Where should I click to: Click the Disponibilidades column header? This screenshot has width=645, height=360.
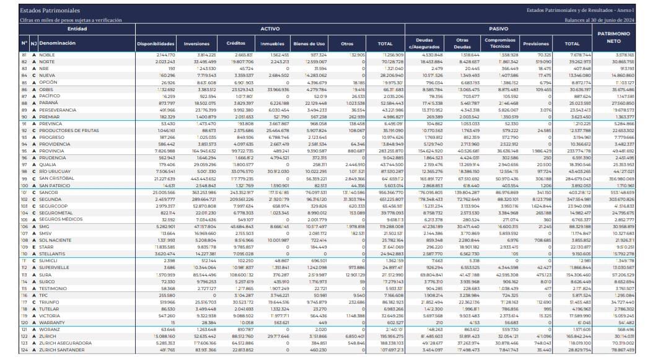coord(156,43)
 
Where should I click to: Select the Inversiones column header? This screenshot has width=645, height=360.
coord(197,43)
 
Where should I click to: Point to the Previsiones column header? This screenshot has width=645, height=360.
coord(536,43)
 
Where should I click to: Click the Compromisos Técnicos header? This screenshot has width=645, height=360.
coord(501,43)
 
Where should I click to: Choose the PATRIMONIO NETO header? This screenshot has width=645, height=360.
coord(613,38)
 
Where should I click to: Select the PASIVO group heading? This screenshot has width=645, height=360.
coord(498,29)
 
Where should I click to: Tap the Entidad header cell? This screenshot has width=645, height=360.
coord(77,29)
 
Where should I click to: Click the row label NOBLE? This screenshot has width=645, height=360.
coord(47,55)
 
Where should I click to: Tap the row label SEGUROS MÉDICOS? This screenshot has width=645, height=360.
coord(61,219)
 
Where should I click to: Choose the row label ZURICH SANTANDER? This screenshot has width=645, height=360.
coord(61,349)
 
